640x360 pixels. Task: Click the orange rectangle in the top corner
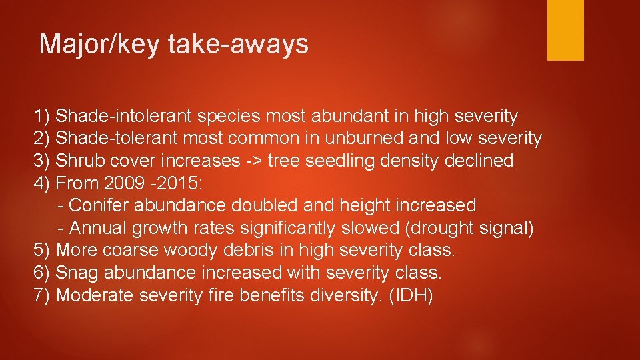coord(565,29)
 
